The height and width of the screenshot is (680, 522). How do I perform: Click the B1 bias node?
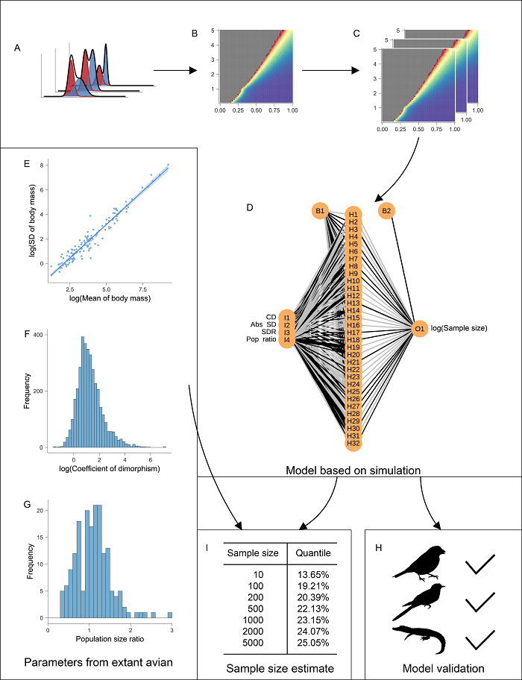320,212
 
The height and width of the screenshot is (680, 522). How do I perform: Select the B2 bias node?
386,212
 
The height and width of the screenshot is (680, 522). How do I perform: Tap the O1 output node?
419,327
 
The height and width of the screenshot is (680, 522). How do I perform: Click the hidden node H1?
353,214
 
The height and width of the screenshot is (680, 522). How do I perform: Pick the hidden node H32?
353,443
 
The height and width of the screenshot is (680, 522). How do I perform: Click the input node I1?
286,317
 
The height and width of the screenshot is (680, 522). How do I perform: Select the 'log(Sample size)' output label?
459,327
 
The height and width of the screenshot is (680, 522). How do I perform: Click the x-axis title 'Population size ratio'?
109,638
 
